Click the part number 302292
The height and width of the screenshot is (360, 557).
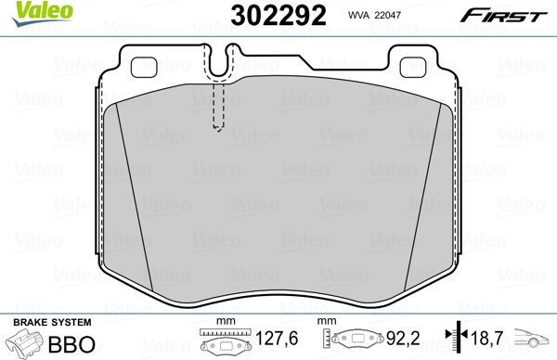(263, 15)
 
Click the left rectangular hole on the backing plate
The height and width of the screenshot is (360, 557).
(147, 66)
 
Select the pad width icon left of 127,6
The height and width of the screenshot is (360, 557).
(220, 342)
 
